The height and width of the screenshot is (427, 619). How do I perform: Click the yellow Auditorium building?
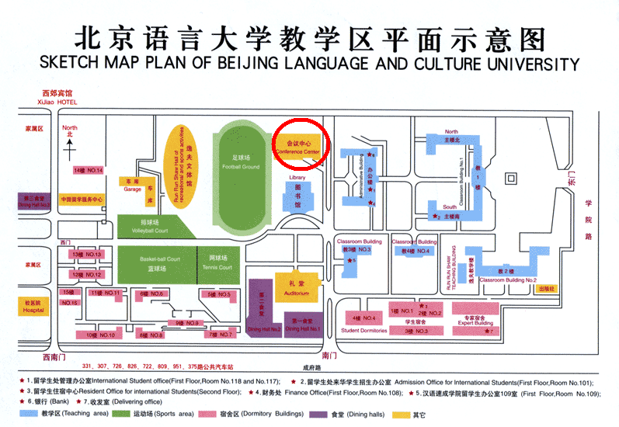[297, 286]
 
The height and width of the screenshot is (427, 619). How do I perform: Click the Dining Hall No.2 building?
[264, 314]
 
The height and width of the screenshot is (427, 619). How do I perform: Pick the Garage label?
[133, 189]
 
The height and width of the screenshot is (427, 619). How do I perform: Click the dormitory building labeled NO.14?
[88, 170]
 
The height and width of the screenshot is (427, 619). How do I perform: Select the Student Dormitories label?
[363, 330]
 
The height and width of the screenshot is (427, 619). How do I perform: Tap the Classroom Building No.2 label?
[508, 279]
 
